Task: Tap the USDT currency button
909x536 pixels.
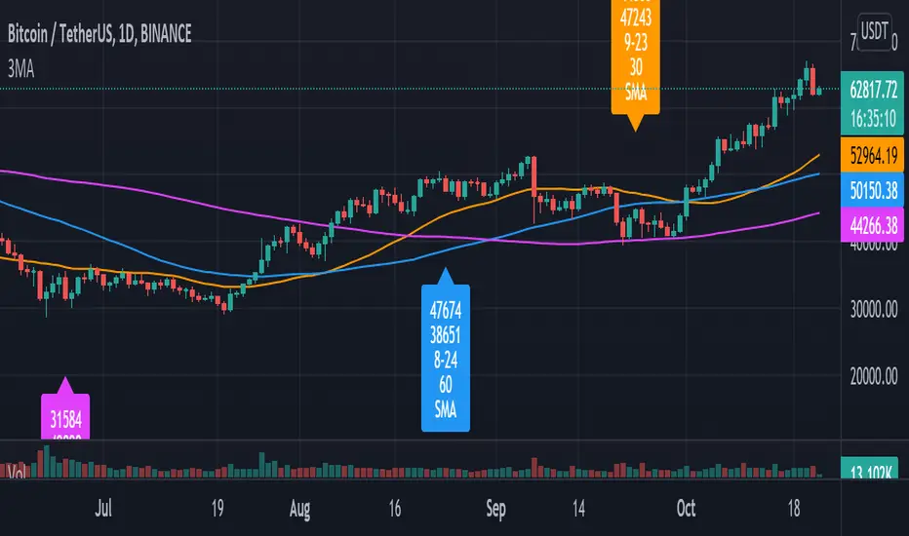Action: pos(873,32)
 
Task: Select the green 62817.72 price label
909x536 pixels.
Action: pos(872,94)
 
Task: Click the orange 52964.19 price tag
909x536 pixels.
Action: pos(872,153)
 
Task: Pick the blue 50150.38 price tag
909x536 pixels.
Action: pos(872,182)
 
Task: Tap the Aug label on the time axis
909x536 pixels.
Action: pos(301,508)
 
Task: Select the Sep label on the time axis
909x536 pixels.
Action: pos(495,508)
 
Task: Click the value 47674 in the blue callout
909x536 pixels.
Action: pos(446,311)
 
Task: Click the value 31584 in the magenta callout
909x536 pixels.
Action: pos(65,418)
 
